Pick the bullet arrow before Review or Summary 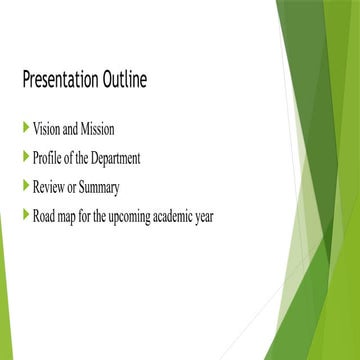[x=25, y=184]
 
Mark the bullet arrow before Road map [x=25, y=213]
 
